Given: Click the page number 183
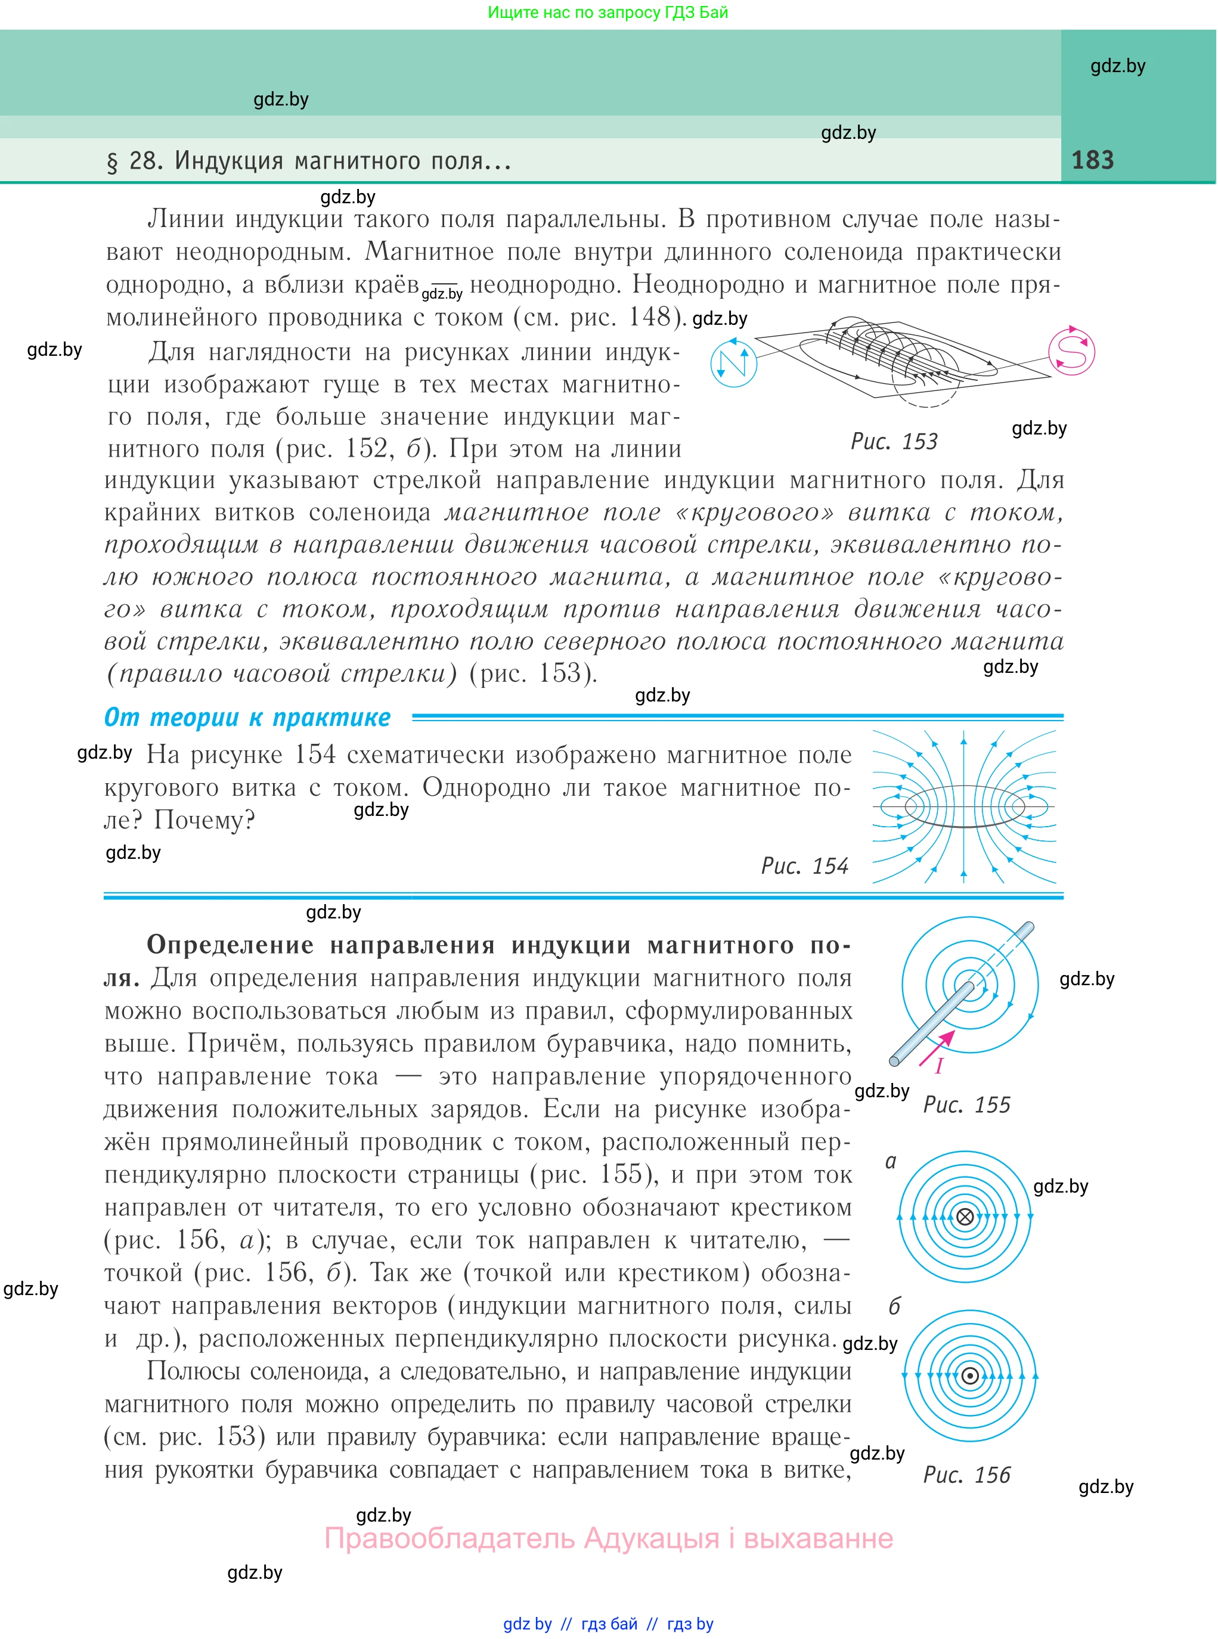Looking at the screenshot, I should click(x=1092, y=160).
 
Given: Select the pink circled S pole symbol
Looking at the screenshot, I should click(x=1072, y=352).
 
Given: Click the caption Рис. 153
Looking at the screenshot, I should click(x=894, y=442).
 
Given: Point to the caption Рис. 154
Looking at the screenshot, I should click(x=804, y=865).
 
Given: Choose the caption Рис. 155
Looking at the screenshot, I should click(x=966, y=1105).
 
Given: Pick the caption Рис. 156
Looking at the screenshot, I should click(x=966, y=1475).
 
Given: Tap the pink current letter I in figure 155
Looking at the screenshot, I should click(x=940, y=1066).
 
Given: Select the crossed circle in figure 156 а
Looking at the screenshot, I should click(x=965, y=1216).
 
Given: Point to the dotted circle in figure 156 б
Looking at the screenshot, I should click(x=970, y=1376).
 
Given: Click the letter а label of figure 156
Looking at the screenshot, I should click(x=891, y=1162).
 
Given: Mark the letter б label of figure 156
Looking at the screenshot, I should click(x=894, y=1306).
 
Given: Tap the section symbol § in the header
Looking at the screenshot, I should click(x=112, y=162).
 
